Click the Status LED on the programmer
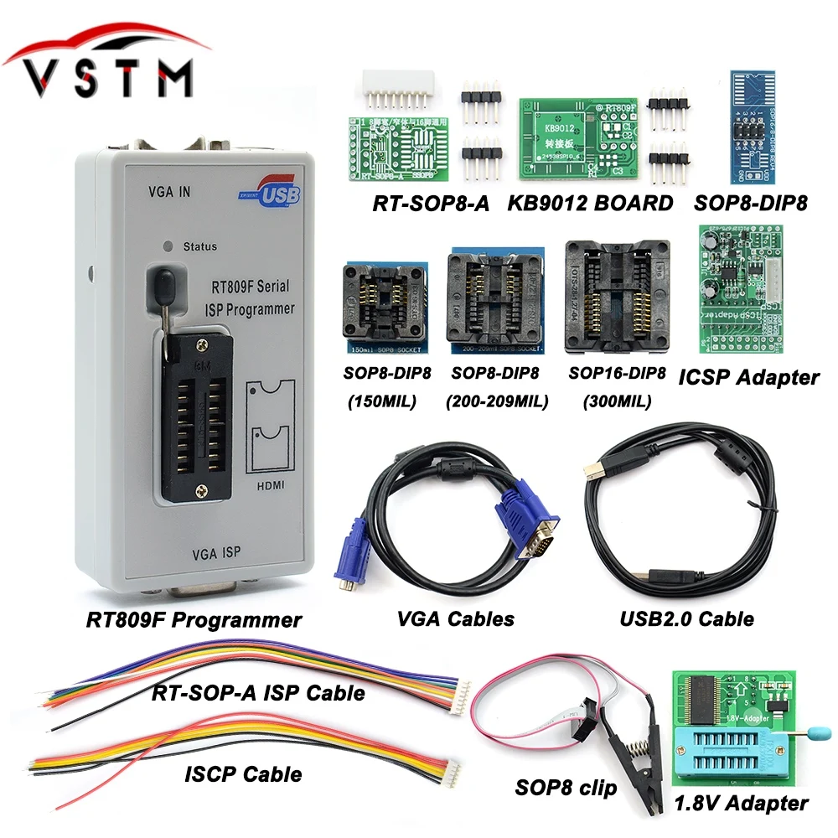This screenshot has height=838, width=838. click(x=168, y=246)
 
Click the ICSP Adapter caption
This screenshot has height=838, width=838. click(x=748, y=377)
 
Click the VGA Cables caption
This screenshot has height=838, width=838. click(x=457, y=620)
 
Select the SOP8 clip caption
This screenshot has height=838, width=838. click(x=566, y=789)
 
